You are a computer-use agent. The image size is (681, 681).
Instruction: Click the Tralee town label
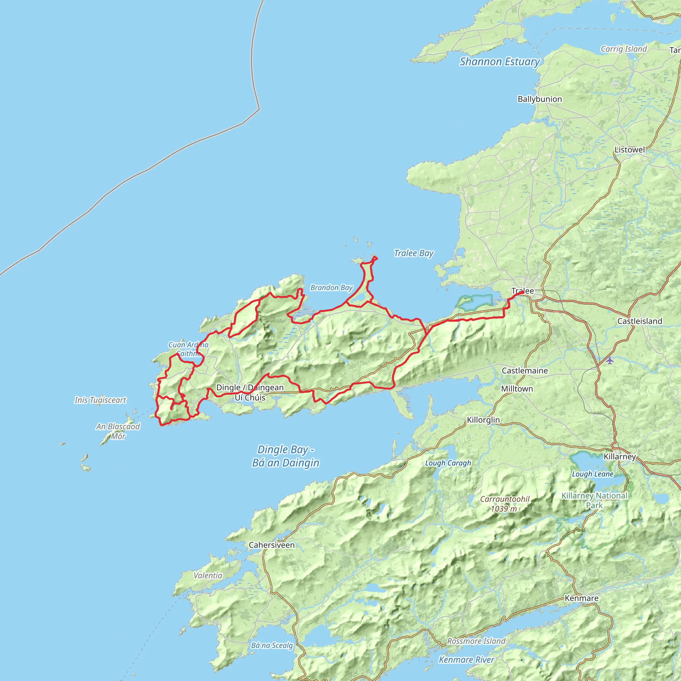(x=522, y=291)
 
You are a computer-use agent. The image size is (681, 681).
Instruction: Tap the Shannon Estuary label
(x=499, y=62)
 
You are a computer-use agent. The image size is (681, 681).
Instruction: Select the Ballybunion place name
(x=540, y=99)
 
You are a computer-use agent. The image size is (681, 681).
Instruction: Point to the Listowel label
(x=629, y=149)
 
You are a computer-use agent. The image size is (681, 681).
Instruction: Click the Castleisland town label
(x=640, y=321)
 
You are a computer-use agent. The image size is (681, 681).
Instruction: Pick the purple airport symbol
(x=610, y=360)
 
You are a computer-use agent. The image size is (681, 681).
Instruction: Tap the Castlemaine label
(x=525, y=370)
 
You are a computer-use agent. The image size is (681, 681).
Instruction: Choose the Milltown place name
(x=517, y=388)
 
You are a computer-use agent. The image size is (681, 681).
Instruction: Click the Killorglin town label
(x=483, y=420)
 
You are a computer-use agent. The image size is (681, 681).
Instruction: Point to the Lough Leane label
(x=593, y=474)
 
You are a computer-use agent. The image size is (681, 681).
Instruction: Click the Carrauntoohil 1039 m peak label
(x=505, y=504)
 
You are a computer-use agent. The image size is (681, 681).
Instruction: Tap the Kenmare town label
(x=582, y=598)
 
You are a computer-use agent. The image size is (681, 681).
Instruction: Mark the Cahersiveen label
(x=271, y=545)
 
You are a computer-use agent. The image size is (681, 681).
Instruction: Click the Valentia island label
(x=208, y=576)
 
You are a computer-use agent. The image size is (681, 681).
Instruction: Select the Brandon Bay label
(x=331, y=288)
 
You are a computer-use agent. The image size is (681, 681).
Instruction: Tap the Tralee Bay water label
(x=413, y=253)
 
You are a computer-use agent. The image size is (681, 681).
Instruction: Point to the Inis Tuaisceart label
(x=100, y=400)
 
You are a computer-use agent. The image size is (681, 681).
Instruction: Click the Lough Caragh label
(x=448, y=463)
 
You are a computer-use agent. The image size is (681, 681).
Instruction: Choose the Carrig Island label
(x=624, y=49)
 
